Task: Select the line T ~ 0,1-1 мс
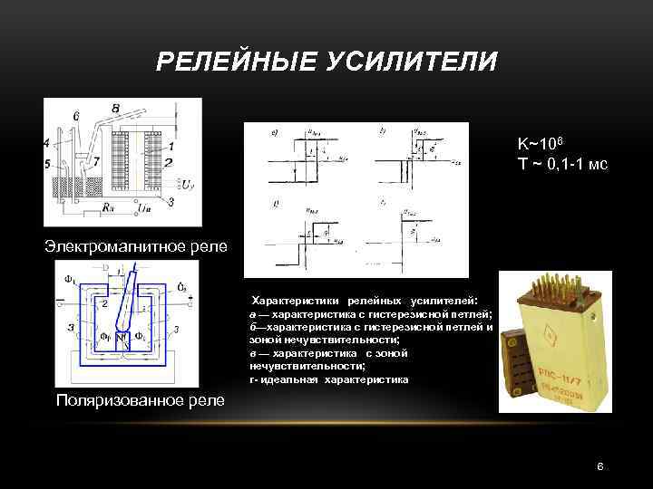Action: [562, 163]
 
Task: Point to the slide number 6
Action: [599, 466]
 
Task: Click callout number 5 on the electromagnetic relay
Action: [46, 164]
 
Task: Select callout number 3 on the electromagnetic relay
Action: [171, 200]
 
